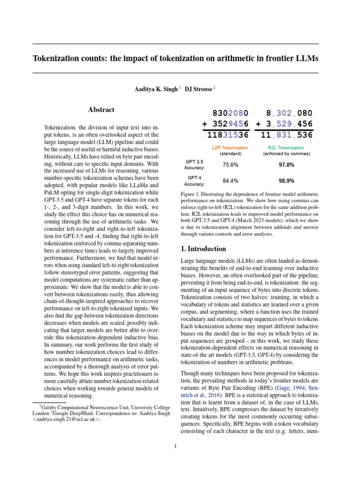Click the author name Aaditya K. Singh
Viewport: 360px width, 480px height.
(x=156, y=89)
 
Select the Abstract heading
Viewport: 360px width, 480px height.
(x=101, y=110)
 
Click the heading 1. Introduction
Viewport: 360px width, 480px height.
(x=204, y=249)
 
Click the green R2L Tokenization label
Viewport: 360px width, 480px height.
(x=286, y=148)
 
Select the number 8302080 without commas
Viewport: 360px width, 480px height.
(x=230, y=113)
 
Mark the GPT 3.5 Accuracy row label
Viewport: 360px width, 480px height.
(x=194, y=165)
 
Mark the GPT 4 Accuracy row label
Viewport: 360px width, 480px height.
(x=194, y=180)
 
